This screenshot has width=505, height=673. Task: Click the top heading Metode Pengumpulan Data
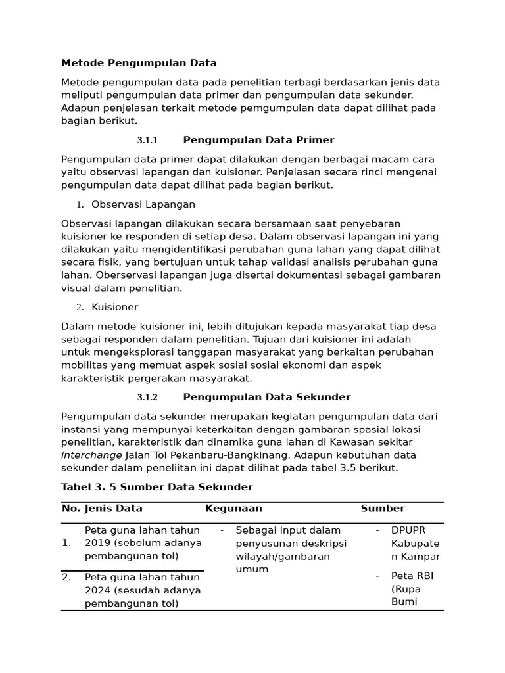pyautogui.click(x=139, y=63)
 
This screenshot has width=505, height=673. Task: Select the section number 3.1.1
pyautogui.click(x=147, y=141)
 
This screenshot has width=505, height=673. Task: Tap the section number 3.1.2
pyautogui.click(x=147, y=398)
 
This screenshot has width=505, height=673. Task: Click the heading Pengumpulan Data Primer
pyautogui.click(x=258, y=140)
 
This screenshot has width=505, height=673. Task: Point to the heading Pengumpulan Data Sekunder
pyautogui.click(x=266, y=397)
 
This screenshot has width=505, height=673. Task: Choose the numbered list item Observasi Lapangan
pyautogui.click(x=143, y=204)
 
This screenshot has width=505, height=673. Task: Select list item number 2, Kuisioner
pyautogui.click(x=115, y=307)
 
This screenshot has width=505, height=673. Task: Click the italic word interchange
pyautogui.click(x=91, y=455)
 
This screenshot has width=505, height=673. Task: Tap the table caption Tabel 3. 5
pyautogui.click(x=94, y=487)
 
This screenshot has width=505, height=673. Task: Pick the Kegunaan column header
pyautogui.click(x=233, y=509)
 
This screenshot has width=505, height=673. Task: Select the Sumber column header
pyautogui.click(x=382, y=509)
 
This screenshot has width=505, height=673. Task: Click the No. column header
pyautogui.click(x=70, y=509)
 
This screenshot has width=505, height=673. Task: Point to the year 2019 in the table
pyautogui.click(x=97, y=543)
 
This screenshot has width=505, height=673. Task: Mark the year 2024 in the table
pyautogui.click(x=97, y=590)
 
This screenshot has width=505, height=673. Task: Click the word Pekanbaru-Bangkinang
pyautogui.click(x=228, y=455)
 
